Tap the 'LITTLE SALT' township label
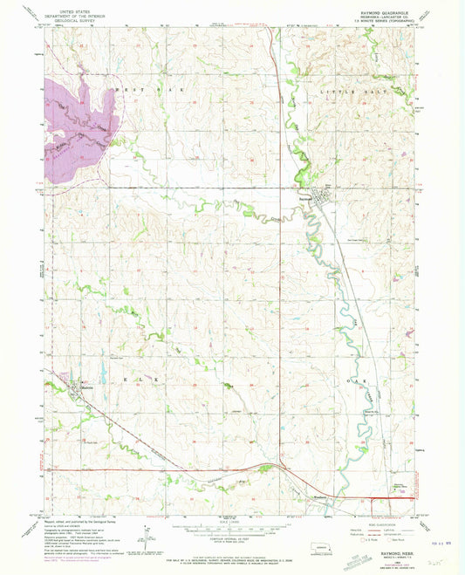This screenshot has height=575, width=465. tap(352, 91)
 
